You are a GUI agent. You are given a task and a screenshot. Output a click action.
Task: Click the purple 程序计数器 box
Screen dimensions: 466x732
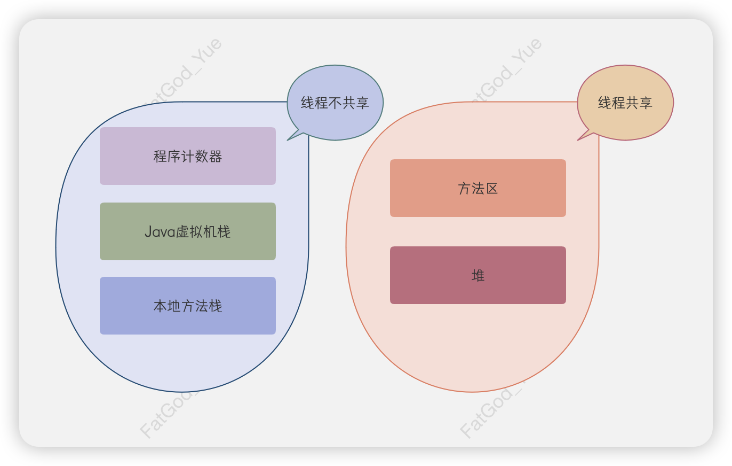(x=188, y=156)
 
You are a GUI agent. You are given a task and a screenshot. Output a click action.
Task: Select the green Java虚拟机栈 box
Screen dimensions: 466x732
(x=188, y=231)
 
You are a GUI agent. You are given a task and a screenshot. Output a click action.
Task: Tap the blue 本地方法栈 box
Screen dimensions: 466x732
(x=188, y=306)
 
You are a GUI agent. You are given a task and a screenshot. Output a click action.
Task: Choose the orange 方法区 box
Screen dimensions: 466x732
(x=478, y=188)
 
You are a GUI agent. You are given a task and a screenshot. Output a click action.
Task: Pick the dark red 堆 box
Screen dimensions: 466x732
(x=478, y=275)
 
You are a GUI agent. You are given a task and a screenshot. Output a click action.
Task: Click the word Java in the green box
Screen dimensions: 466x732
(x=160, y=232)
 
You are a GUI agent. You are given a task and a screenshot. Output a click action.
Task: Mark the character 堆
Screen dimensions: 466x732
(x=478, y=276)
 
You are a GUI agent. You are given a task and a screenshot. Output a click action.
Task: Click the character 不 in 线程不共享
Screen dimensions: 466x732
(x=335, y=103)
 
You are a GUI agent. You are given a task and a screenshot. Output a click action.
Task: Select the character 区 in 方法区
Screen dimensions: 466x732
(x=492, y=189)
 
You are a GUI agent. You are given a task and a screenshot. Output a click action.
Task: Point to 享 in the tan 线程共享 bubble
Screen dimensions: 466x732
(x=646, y=103)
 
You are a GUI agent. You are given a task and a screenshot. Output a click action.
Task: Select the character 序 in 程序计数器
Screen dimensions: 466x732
(x=174, y=157)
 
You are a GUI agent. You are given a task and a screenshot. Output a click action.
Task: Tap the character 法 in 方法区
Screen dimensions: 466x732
(x=478, y=189)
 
